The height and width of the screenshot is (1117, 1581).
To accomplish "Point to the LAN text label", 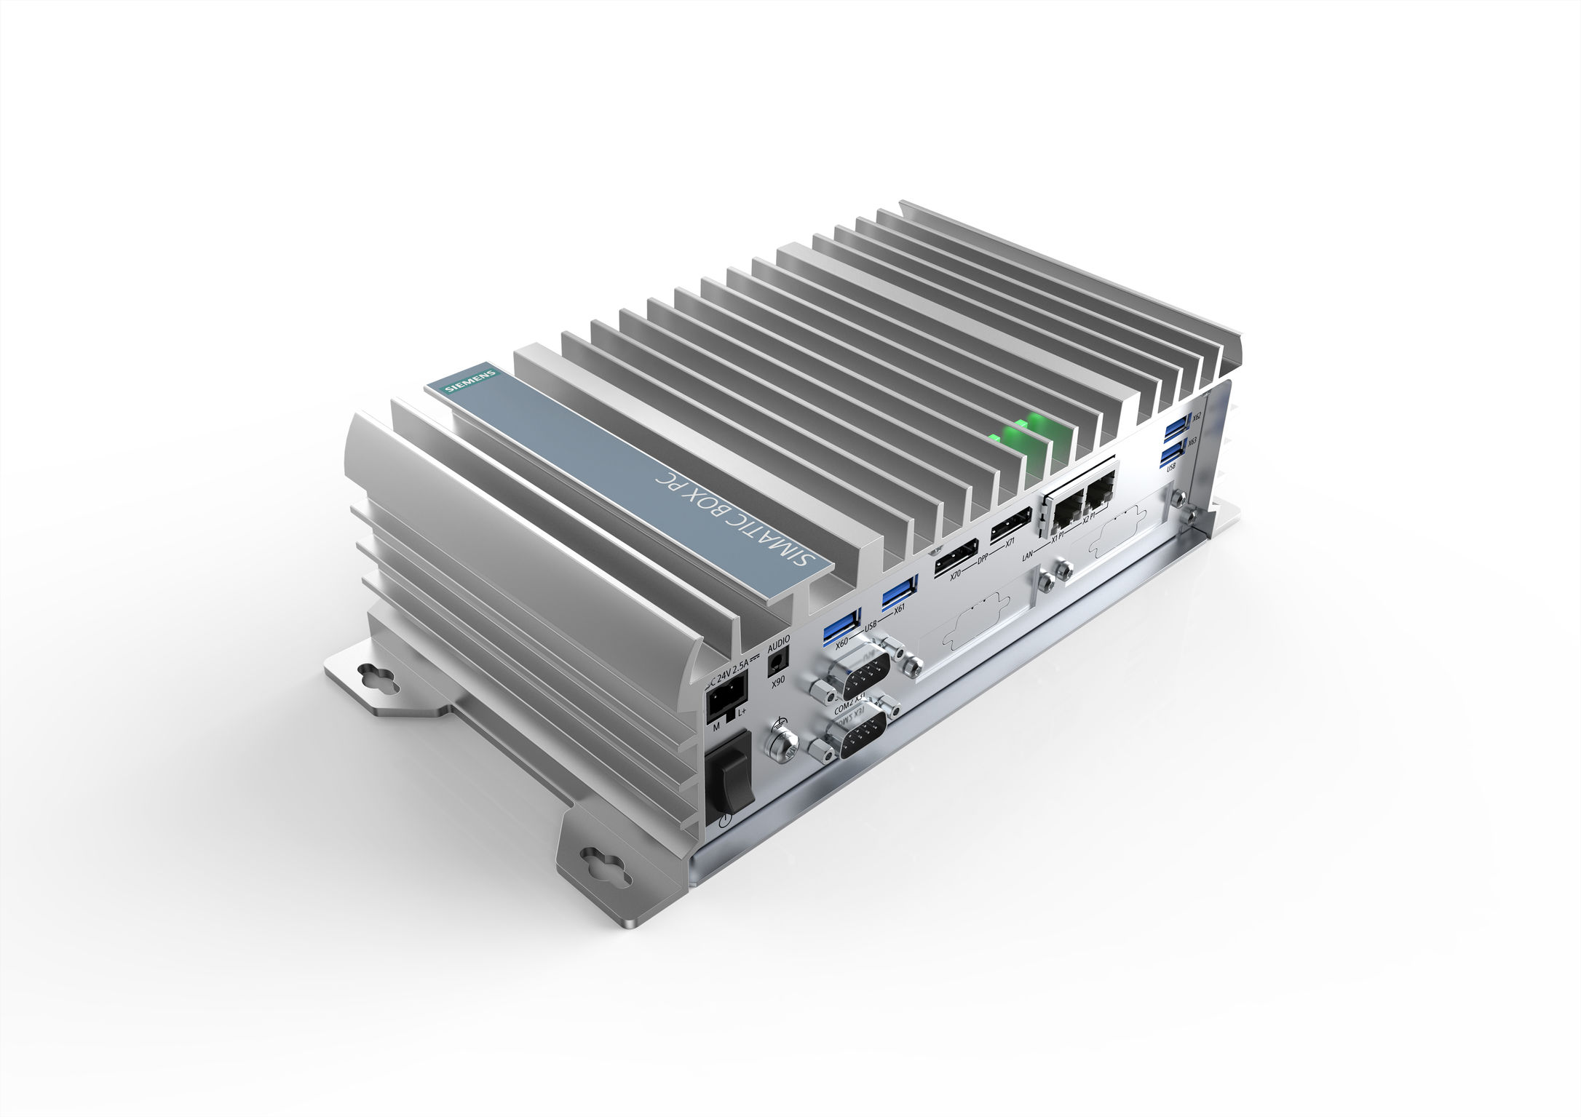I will tap(1026, 557).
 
